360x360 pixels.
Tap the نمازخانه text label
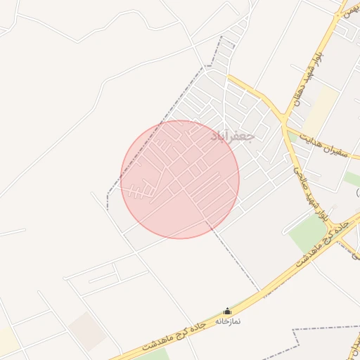tap(227, 321)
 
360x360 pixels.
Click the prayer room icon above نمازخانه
tap(227, 311)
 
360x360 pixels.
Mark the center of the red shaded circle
tap(180, 179)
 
